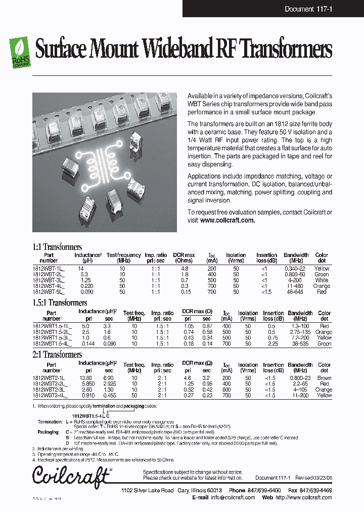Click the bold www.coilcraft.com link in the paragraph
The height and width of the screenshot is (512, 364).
pos(227,221)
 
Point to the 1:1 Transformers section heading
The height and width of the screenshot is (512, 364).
pos(57,247)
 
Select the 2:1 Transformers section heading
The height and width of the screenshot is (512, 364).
pos(57,355)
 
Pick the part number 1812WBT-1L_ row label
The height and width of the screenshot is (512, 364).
pos(49,269)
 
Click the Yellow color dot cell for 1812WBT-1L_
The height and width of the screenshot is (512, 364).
pos(322,269)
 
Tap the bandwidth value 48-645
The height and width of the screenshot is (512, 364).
pos(296,292)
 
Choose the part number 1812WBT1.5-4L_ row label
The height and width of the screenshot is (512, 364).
pos(52,344)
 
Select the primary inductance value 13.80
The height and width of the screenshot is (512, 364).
pos(85,378)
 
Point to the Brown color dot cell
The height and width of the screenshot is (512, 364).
pos(324,378)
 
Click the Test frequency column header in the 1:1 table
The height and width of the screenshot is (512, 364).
pos(123,258)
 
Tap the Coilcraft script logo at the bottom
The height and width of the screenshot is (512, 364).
pos(71,475)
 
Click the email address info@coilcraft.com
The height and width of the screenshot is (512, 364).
pos(233,497)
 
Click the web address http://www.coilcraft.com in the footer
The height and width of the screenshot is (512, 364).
pos(304,497)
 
